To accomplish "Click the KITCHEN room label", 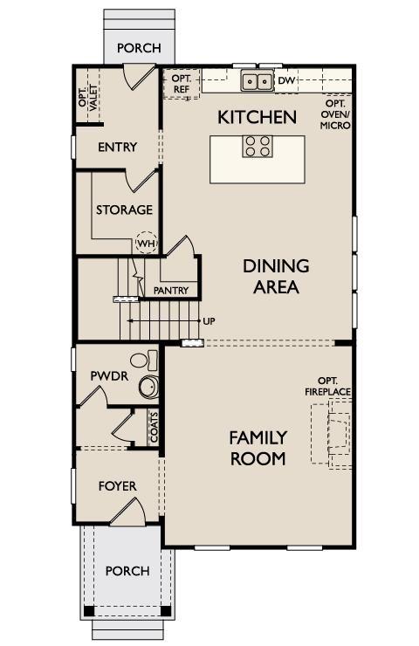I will point(258,117).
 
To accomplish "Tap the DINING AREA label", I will point(276,276).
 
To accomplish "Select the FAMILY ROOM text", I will point(258,447).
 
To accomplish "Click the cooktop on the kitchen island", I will point(258,146).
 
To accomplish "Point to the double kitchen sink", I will point(258,82).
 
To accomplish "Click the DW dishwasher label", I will point(287,81).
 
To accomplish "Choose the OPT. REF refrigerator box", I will point(182,83).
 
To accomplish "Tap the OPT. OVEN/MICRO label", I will point(335,114).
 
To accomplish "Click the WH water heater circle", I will point(146,242).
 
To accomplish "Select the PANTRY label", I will point(171,290).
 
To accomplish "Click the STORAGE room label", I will point(124,210).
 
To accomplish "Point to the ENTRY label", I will point(117,147).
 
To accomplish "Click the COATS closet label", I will point(154,428).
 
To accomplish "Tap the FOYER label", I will point(117,485).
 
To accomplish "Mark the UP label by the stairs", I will point(209,321).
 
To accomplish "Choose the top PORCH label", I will point(139,48).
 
